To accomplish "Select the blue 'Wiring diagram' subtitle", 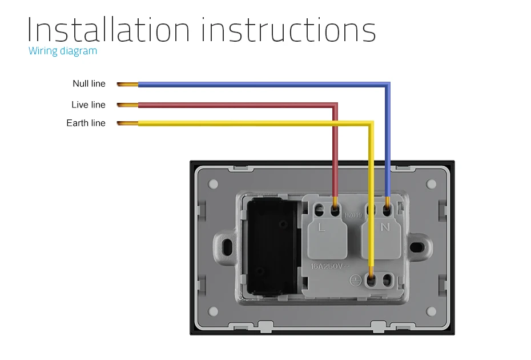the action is click(63, 51).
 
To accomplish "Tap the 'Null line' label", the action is click(89, 83).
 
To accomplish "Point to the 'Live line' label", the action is click(88, 105).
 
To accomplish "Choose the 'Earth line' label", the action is click(86, 123).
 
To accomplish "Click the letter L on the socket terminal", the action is click(322, 227).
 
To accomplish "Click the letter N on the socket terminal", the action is click(385, 227).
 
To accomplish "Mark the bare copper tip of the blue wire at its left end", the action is click(127, 85).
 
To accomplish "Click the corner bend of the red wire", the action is click(335, 105).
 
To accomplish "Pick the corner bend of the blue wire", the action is click(388, 85).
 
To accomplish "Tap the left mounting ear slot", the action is click(227, 246).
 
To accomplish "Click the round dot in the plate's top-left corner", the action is click(214, 184).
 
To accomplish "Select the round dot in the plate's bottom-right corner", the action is click(432, 311).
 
